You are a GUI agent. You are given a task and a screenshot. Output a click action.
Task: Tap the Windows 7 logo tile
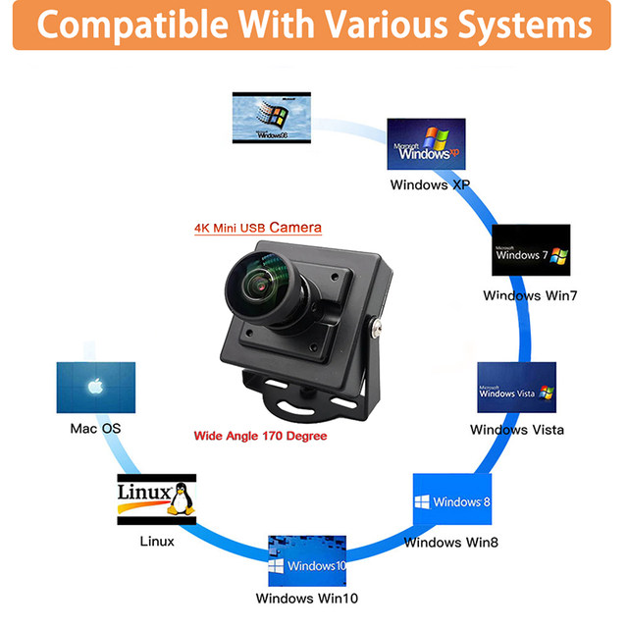531,252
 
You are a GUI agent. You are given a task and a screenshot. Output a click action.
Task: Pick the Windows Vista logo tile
516,389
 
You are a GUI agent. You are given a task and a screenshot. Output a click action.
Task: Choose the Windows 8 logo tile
451,501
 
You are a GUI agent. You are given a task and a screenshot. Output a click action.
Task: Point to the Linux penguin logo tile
156,499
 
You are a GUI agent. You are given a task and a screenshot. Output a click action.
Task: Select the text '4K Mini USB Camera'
257,228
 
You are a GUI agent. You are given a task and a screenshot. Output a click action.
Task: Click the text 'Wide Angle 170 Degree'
260,436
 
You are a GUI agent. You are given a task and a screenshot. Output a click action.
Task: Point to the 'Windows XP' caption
431,184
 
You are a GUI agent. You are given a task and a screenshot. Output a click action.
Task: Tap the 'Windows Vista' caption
517,430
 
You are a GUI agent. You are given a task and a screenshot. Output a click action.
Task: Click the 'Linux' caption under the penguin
157,542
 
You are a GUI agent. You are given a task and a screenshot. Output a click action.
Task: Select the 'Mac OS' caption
96,429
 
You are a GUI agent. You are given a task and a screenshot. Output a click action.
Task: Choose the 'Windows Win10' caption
306,599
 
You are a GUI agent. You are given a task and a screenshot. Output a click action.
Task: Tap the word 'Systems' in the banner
524,26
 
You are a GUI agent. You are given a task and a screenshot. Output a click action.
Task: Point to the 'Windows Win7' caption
531,295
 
